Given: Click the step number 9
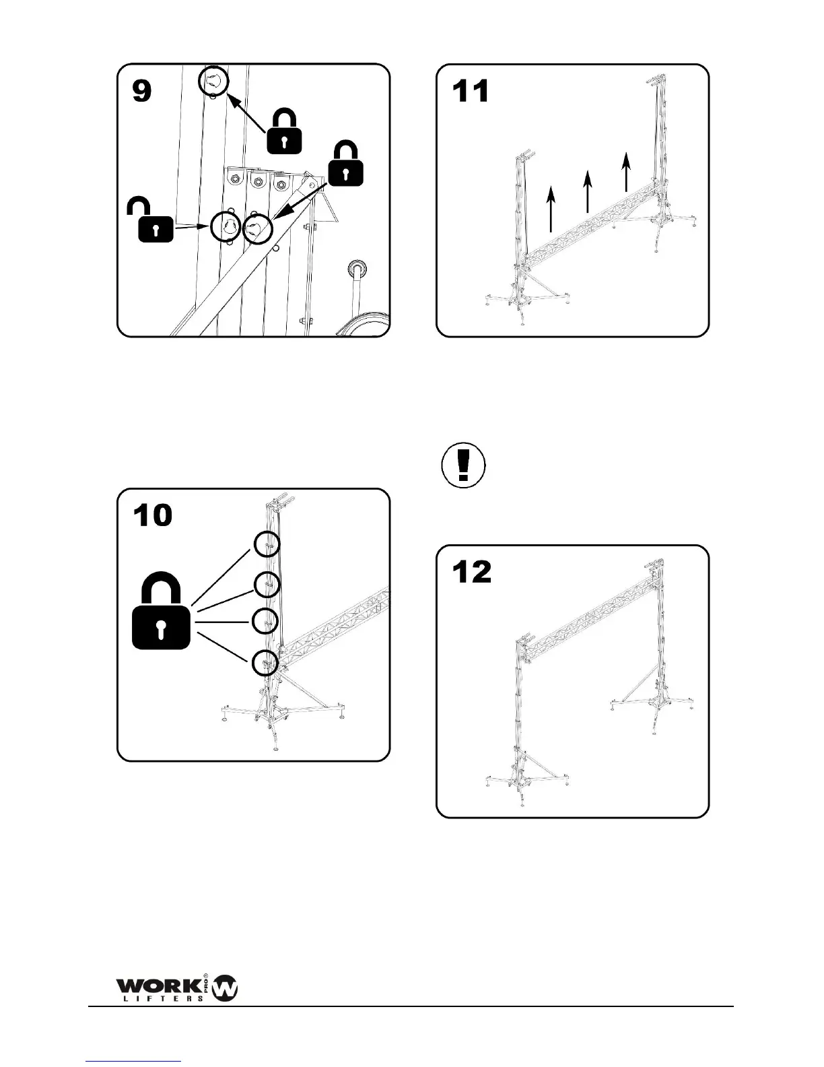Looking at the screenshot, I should click(141, 90).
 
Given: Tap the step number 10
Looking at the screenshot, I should click(153, 515).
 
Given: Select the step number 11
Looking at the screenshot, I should click(471, 91).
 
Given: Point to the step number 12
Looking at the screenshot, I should click(472, 573).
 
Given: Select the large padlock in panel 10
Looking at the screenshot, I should click(161, 612).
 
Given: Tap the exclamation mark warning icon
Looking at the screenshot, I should click(463, 465).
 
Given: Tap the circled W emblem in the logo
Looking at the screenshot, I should click(225, 989).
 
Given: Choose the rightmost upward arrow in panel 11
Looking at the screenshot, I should click(626, 171).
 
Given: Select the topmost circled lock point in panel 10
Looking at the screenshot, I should click(267, 544).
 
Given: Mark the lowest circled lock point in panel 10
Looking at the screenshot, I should click(265, 663).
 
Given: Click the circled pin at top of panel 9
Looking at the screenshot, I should click(213, 82).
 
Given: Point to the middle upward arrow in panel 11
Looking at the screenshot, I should click(588, 191).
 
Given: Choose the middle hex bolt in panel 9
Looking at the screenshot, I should click(257, 180).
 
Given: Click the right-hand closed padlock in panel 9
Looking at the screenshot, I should click(345, 164).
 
